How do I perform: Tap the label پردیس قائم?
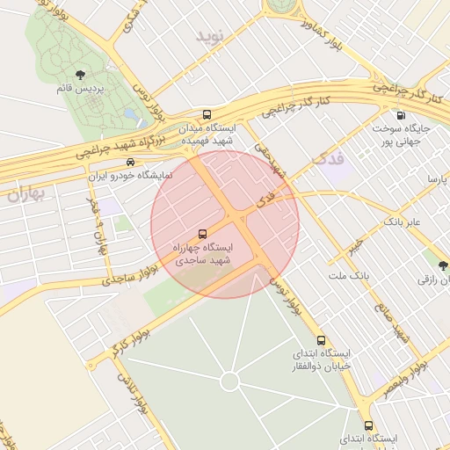(x=80, y=89)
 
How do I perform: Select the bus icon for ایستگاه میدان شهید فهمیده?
(x=207, y=114)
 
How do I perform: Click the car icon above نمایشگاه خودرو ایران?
(x=130, y=163)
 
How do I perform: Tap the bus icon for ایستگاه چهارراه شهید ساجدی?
(x=203, y=234)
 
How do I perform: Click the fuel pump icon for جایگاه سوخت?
(x=402, y=114)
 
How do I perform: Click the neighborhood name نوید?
(x=212, y=37)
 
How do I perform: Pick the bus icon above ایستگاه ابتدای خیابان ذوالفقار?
(x=321, y=339)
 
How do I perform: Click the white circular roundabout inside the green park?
(x=229, y=381)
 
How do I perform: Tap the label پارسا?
(x=437, y=179)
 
